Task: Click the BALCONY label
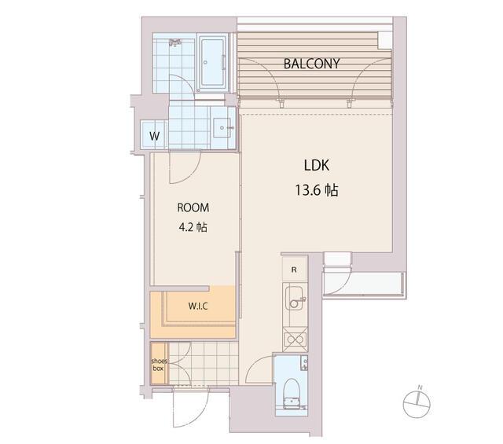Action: click(x=311, y=64)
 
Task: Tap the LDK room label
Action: click(x=316, y=165)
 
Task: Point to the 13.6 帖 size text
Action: click(x=316, y=190)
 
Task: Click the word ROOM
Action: click(x=193, y=207)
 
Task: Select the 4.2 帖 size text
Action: click(x=193, y=227)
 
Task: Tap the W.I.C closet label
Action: click(x=198, y=306)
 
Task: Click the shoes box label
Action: click(x=159, y=365)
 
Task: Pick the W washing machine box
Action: click(x=154, y=135)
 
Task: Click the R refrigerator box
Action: click(x=294, y=270)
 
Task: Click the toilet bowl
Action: click(x=292, y=393)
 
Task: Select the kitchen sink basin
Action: click(x=294, y=298)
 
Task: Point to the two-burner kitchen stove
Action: click(x=295, y=339)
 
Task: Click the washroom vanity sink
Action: click(x=222, y=127)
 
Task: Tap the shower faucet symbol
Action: click(x=175, y=42)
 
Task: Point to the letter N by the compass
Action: click(x=420, y=388)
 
